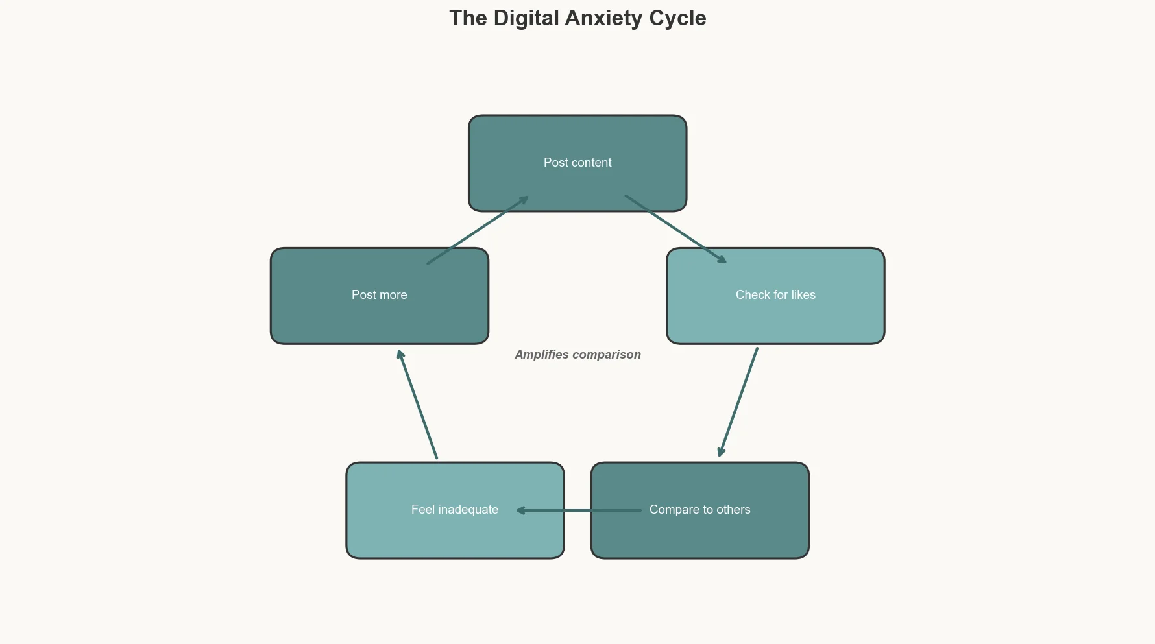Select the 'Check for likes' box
tap(775, 318)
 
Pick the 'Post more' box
tap(379, 318)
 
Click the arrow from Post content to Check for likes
tap(675, 228)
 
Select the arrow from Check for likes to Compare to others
tap(738, 402)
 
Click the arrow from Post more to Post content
tap(477, 230)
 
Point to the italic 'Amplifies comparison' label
tap(577, 355)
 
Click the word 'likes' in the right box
tap(803, 295)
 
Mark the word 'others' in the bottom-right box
tap(733, 510)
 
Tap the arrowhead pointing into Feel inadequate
tap(520, 510)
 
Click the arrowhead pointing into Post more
tap(400, 353)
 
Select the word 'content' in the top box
tap(591, 163)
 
